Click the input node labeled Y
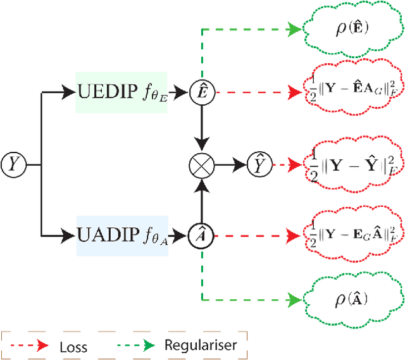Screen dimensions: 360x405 tap(14, 164)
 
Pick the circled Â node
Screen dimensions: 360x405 tap(201, 235)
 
